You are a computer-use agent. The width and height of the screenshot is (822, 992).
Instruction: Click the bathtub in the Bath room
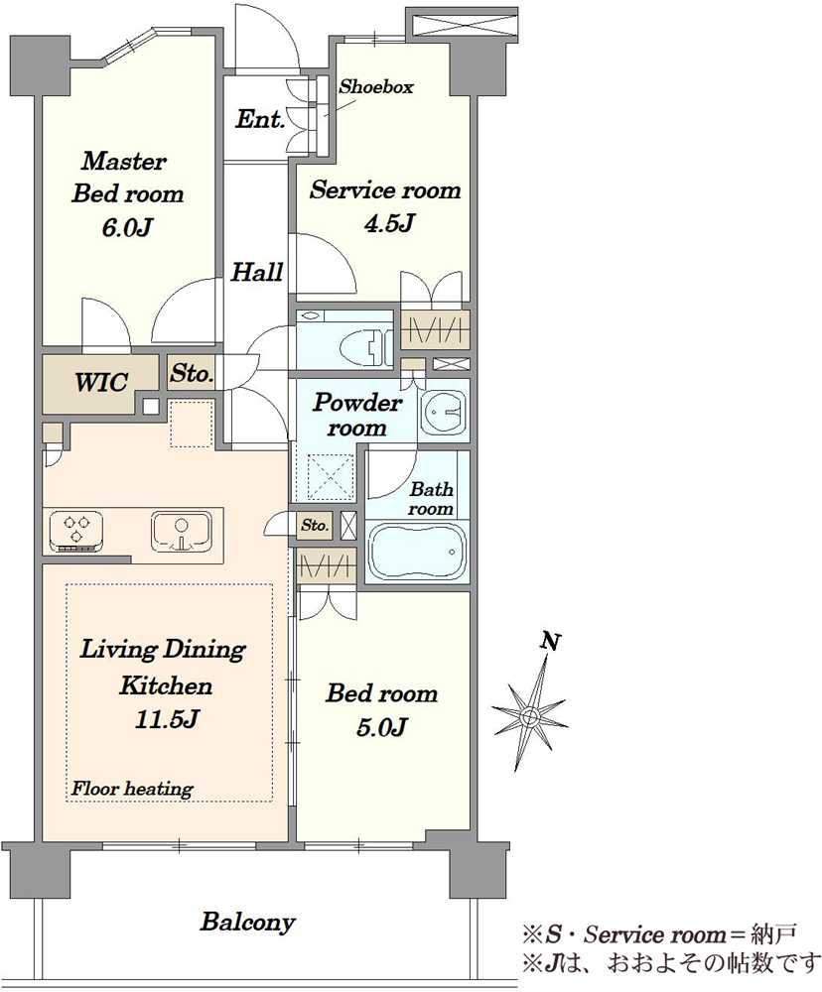click(x=418, y=552)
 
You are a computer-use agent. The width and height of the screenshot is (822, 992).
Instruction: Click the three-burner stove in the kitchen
click(x=76, y=531)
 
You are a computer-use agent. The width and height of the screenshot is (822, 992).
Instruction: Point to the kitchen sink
click(x=181, y=530)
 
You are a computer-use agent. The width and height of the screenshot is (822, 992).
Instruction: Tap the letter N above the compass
click(x=551, y=642)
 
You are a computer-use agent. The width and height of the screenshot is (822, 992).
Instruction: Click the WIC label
click(x=101, y=382)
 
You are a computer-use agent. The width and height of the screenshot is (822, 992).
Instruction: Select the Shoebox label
click(x=375, y=86)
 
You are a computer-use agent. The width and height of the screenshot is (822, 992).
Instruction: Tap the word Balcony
click(x=247, y=922)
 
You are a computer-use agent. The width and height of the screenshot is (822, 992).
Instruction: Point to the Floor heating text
click(x=132, y=789)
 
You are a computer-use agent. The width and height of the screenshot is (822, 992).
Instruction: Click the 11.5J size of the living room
click(x=167, y=718)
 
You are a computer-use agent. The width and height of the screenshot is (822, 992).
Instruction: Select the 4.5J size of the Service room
click(x=389, y=222)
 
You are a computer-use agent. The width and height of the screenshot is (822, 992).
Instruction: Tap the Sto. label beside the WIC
click(x=192, y=373)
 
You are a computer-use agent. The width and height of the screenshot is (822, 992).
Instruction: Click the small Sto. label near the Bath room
click(x=315, y=525)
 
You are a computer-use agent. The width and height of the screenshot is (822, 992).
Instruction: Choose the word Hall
click(x=256, y=272)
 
